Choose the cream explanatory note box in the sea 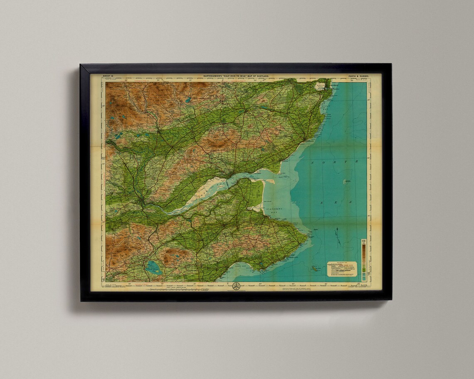point(342,269)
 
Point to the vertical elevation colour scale point(364,256)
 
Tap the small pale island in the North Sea point(346,182)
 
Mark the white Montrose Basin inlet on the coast point(320,87)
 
